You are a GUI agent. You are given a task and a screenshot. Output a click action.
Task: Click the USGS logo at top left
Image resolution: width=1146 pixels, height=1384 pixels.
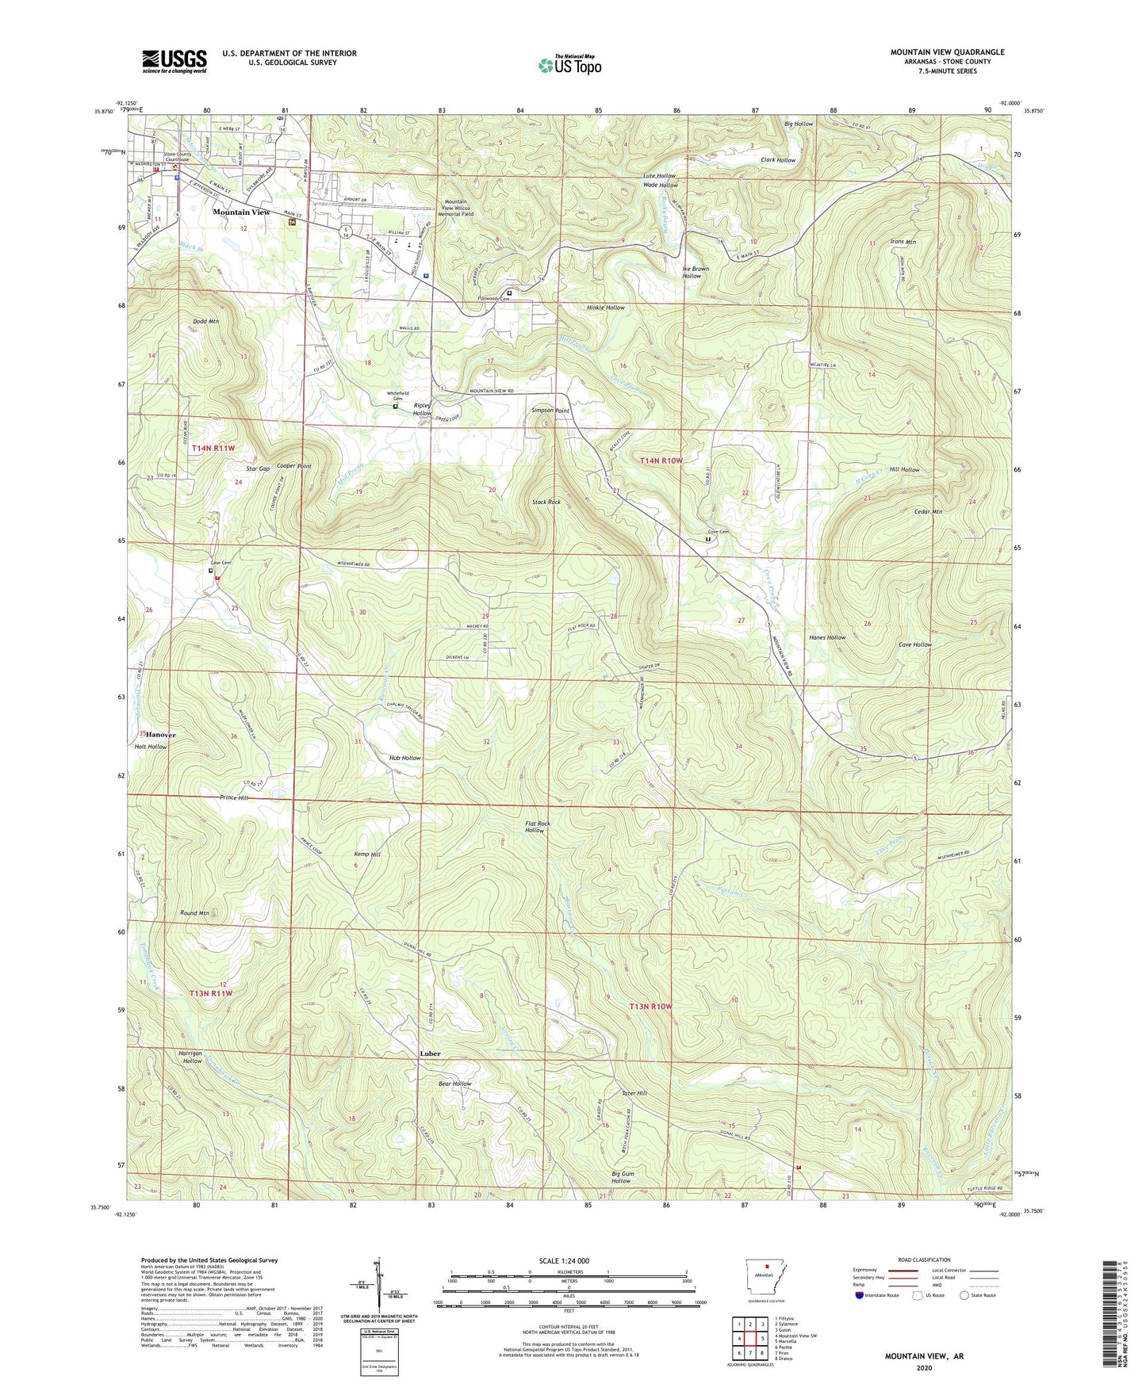point(174,61)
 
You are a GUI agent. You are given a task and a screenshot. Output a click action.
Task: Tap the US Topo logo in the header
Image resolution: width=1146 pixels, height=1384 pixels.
point(570,65)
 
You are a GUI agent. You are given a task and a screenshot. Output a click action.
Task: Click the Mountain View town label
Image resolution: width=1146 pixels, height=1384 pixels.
point(241,212)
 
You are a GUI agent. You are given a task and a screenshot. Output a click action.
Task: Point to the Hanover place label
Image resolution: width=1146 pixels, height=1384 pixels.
point(160,735)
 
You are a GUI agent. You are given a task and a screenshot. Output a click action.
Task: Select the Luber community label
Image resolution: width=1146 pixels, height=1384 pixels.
point(430,1053)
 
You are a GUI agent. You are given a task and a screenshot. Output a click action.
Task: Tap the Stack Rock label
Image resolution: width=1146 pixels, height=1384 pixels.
point(546,502)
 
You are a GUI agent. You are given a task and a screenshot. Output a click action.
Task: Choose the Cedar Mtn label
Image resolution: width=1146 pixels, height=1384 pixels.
point(927,511)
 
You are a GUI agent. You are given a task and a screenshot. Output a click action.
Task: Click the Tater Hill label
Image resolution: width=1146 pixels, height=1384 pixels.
point(634,1093)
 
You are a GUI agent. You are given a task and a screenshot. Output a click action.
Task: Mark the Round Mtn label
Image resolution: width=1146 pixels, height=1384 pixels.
point(194,913)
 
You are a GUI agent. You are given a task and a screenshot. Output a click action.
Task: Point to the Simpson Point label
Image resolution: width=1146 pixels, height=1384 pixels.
point(550,411)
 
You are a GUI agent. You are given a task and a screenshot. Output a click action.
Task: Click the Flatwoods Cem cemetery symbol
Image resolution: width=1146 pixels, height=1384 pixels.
point(509,292)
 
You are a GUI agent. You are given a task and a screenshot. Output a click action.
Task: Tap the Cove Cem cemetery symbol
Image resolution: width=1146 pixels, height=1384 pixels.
point(708,539)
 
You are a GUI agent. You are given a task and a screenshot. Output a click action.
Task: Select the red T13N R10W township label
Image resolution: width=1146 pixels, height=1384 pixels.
point(650,1006)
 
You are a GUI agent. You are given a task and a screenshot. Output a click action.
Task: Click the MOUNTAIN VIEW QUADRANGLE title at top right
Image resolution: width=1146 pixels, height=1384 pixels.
point(947,52)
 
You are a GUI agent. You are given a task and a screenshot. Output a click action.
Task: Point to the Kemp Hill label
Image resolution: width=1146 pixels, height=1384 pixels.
point(367,854)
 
